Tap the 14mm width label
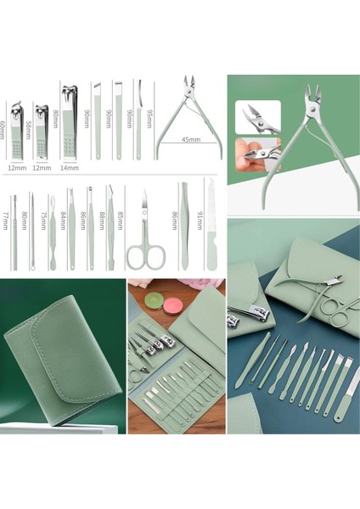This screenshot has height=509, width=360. [x=70, y=168]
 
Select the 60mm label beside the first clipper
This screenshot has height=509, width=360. [x=3, y=132]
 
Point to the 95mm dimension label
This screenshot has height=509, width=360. [x=149, y=116]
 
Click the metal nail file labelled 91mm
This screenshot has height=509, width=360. [x=211, y=229]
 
